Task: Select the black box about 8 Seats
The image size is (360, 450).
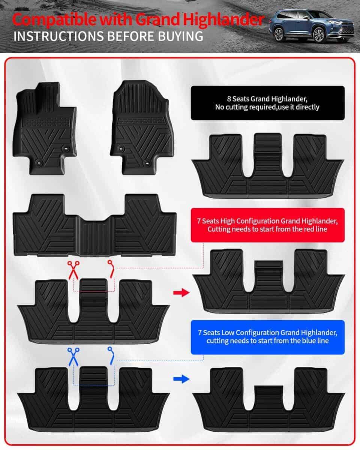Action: pyautogui.click(x=267, y=103)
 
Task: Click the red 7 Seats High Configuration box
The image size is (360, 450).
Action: pyautogui.click(x=267, y=225)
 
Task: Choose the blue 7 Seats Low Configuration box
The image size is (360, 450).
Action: pyautogui.click(x=267, y=337)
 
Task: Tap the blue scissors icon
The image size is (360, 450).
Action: pyautogui.click(x=73, y=356)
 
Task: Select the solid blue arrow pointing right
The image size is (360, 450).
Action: pyautogui.click(x=181, y=379)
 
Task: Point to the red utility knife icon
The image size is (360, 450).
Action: pyautogui.click(x=111, y=268)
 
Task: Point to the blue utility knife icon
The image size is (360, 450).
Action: pyautogui.click(x=111, y=354)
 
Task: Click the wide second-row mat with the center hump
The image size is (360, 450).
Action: pyautogui.click(x=94, y=225)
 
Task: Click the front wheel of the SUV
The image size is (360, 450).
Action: pyautogui.click(x=319, y=35)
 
